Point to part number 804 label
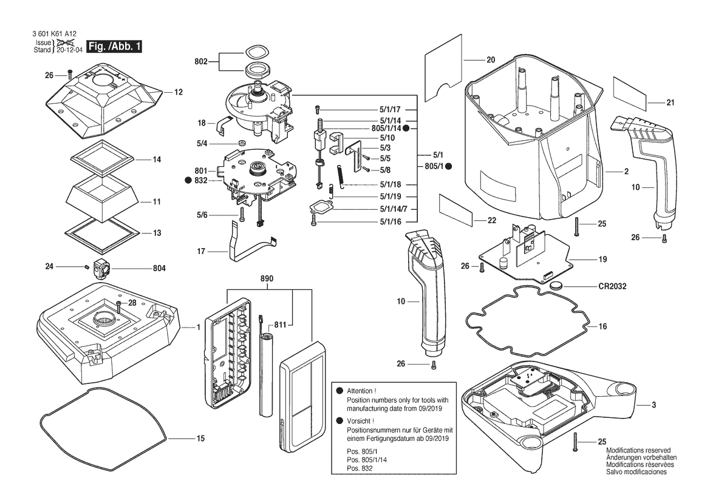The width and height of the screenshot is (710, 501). click(142, 267)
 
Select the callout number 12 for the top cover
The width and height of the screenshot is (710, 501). click(179, 93)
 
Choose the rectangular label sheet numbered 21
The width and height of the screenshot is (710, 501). click(630, 92)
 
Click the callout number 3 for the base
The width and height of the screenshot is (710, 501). click(654, 405)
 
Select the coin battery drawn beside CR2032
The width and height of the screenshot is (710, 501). click(558, 284)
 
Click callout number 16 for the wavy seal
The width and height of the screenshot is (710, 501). click(602, 326)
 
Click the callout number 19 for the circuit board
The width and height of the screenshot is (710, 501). click(602, 260)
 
